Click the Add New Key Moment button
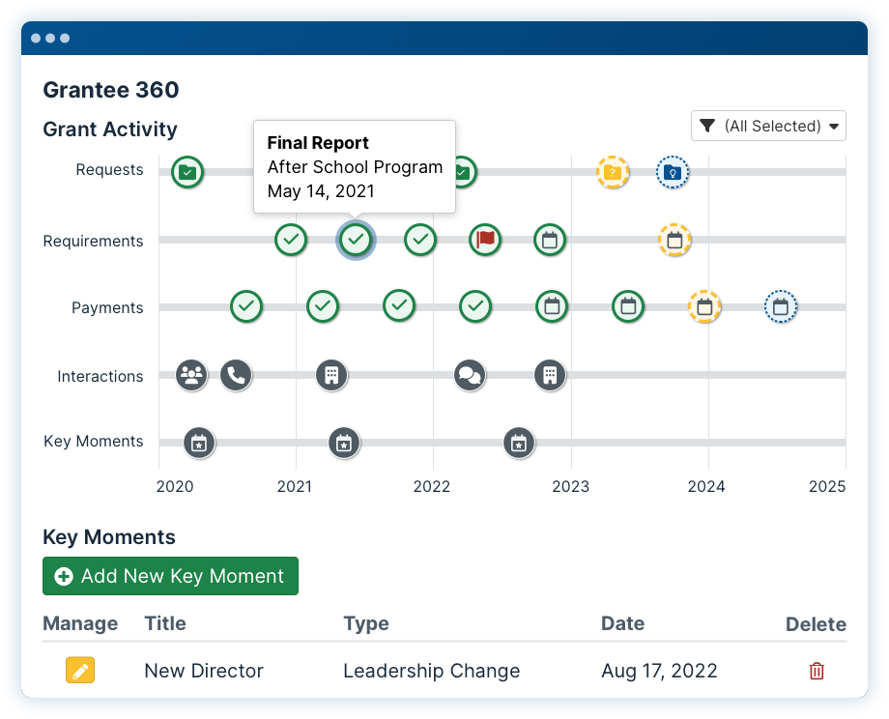170,576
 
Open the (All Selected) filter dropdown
768,126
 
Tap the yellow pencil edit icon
80,671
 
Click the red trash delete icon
817,671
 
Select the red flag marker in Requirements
485,240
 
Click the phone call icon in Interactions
236,375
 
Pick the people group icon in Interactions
191,375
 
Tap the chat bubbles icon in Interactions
470,375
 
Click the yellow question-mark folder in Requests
613,172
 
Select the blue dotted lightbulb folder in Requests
673,172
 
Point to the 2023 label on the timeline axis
570,486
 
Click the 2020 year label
175,486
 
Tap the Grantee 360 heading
111,90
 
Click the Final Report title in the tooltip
318,142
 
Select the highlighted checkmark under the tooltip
356,240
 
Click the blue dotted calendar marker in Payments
781,306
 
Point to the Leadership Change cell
432,671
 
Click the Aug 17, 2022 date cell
659,671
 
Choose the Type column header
366,623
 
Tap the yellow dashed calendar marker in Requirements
674,240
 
